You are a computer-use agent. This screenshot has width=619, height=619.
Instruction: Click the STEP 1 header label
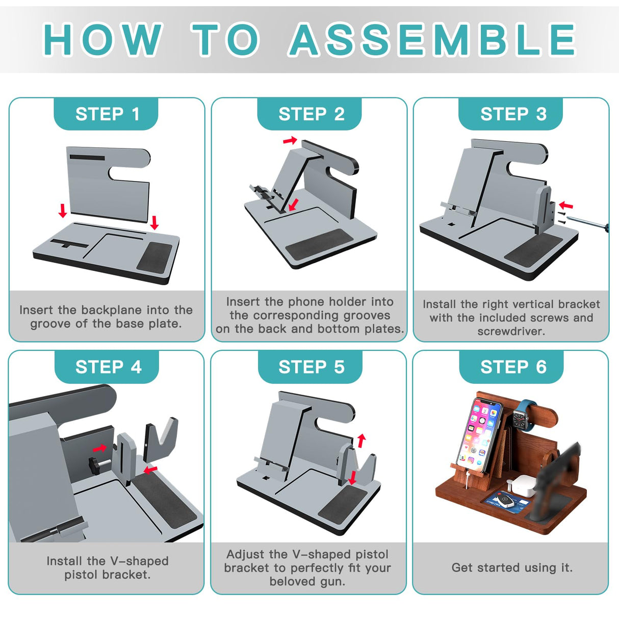click(107, 114)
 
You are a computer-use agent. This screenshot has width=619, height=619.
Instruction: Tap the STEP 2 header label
click(311, 114)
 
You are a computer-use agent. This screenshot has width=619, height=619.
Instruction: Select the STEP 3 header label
click(513, 114)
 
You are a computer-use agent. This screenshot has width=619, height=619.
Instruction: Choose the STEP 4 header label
click(108, 367)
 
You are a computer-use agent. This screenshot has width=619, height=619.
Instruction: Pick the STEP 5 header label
click(311, 367)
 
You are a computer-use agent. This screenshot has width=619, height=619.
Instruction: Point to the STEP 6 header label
click(513, 367)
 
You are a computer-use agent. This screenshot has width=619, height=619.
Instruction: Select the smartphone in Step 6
click(479, 435)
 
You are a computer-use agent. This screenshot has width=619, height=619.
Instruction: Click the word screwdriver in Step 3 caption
click(511, 331)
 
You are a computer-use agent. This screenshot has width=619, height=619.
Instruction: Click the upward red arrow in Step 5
click(362, 441)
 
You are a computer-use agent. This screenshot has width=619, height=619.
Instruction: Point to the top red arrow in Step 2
click(290, 140)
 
